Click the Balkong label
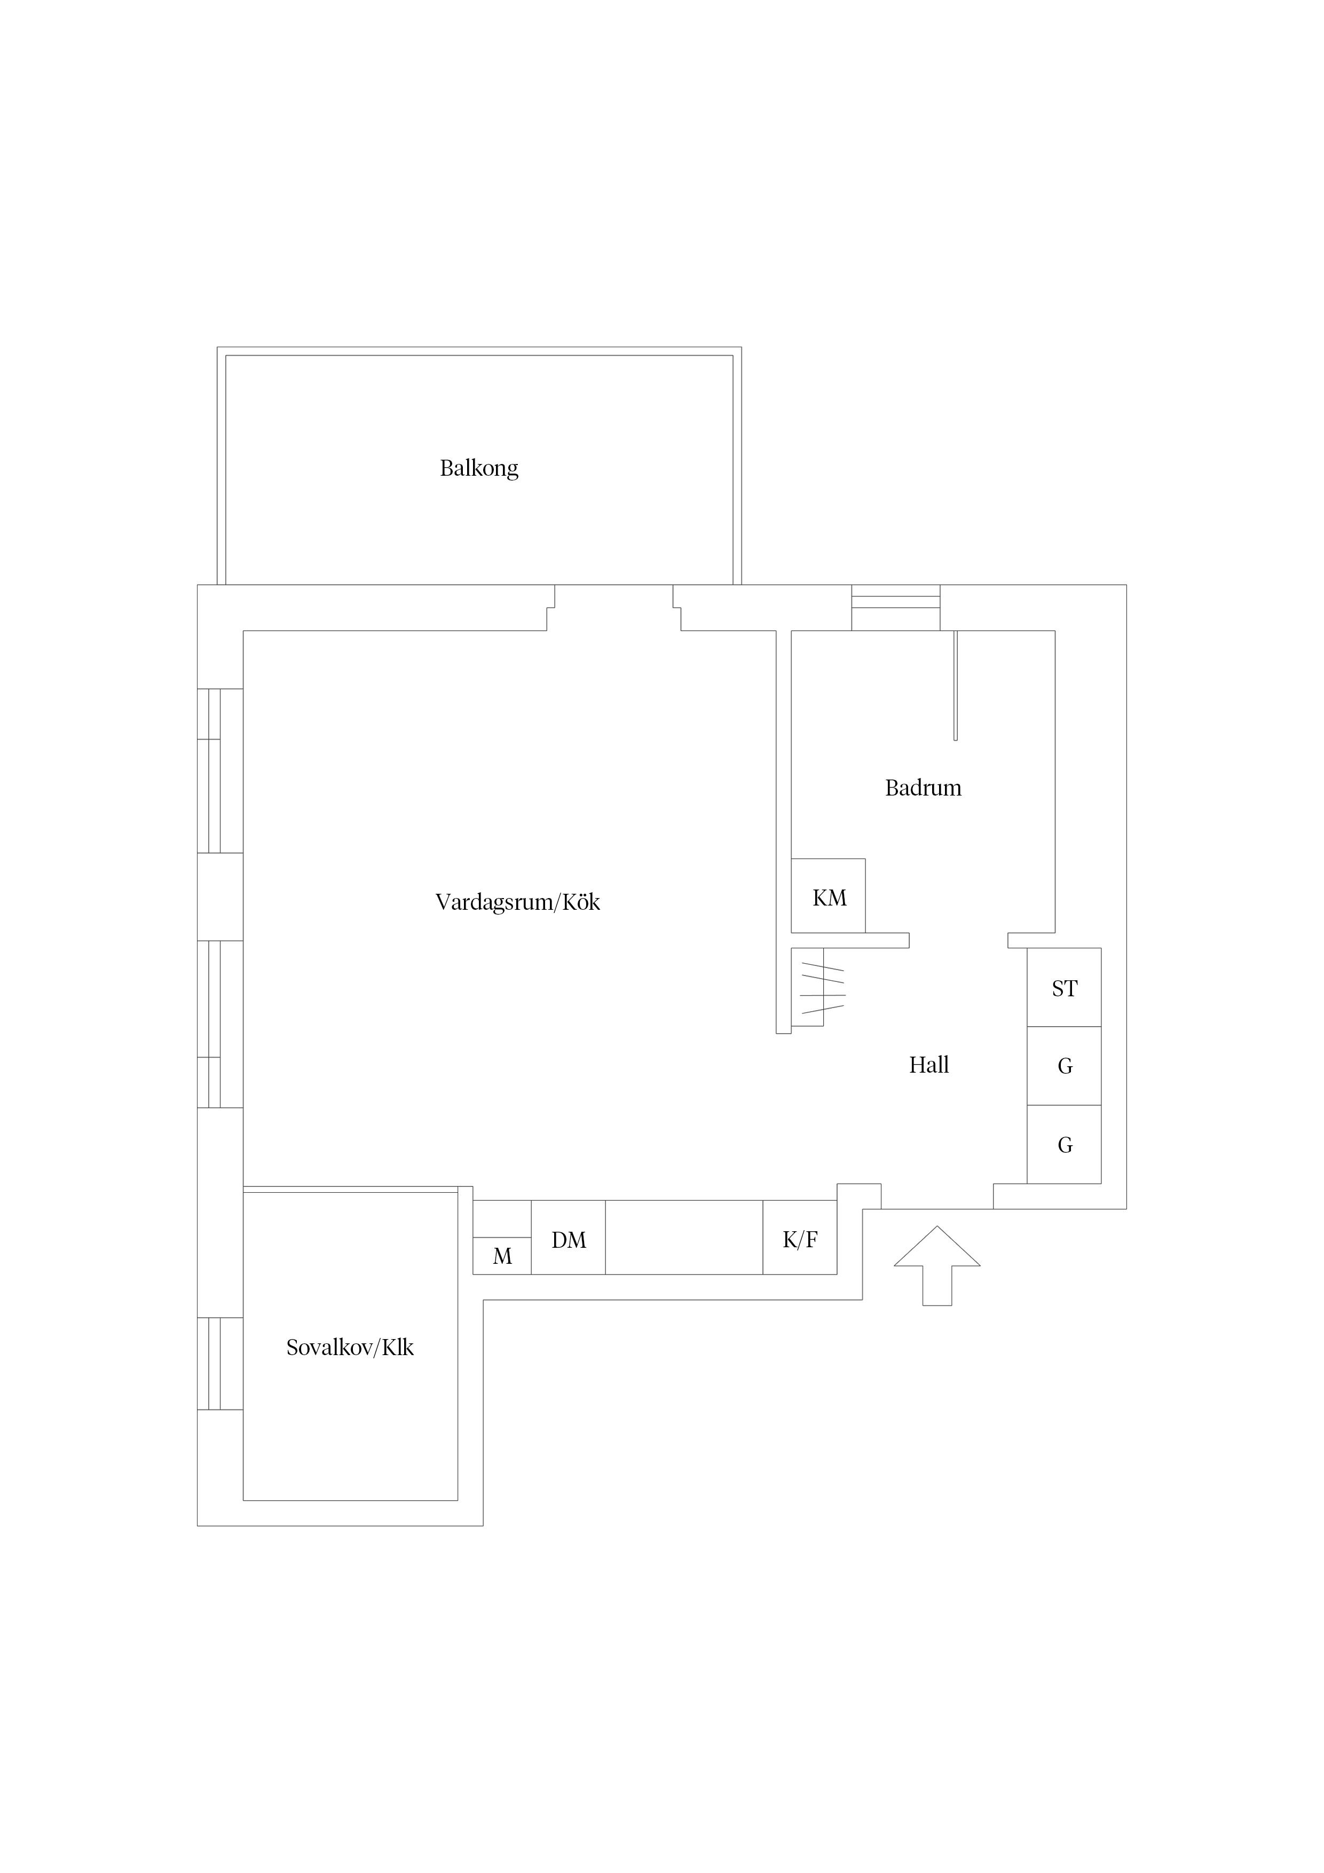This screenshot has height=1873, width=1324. pos(479,468)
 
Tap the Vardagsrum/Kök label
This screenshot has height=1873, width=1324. pos(517,902)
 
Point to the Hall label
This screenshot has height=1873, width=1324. pos(928,1065)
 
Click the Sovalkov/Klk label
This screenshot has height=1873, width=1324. pos(350,1348)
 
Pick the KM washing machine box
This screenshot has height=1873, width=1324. pos(828,896)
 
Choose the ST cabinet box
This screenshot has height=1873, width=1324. pos(1064,987)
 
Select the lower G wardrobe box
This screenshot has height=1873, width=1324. pos(1064,1145)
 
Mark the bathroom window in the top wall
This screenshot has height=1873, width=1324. pos(896,608)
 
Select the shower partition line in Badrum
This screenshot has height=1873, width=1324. pos(955,685)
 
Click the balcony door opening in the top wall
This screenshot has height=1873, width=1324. pos(613,608)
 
